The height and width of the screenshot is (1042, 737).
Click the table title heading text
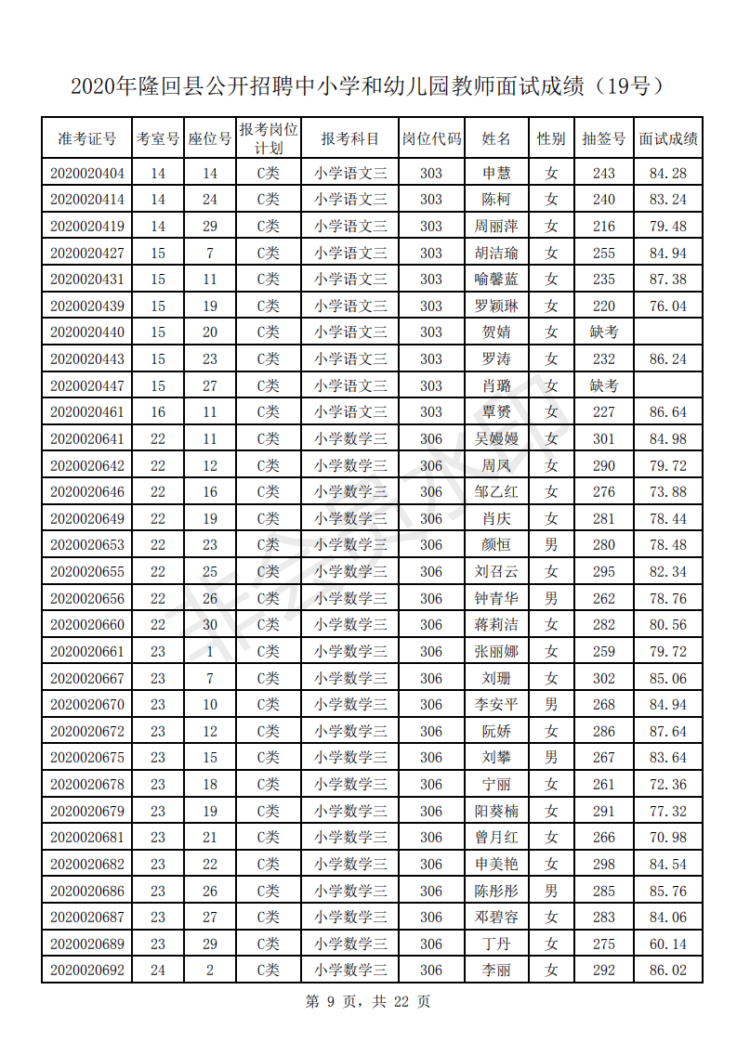(368, 87)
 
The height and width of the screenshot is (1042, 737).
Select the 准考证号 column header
(87, 139)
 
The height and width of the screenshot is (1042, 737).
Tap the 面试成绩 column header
(668, 139)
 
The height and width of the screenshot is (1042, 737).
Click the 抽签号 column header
(603, 139)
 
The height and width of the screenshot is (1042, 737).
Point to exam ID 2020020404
(87, 173)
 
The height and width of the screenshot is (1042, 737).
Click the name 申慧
(496, 173)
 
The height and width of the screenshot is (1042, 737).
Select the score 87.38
(668, 280)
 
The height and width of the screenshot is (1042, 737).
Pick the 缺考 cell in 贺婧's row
(603, 332)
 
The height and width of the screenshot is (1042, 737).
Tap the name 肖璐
(496, 385)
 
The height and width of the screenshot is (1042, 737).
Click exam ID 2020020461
(87, 412)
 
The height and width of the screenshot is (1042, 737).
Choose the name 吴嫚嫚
(496, 439)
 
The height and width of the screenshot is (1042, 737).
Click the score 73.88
(668, 492)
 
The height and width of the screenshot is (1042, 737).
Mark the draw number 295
(603, 572)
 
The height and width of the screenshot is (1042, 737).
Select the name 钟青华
(496, 599)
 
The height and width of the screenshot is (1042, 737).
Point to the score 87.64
(668, 732)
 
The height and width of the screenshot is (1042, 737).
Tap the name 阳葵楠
(496, 812)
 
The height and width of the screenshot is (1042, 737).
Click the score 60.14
(668, 944)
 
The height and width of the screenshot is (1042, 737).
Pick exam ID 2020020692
(87, 971)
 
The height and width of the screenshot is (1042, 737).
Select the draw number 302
(603, 679)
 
